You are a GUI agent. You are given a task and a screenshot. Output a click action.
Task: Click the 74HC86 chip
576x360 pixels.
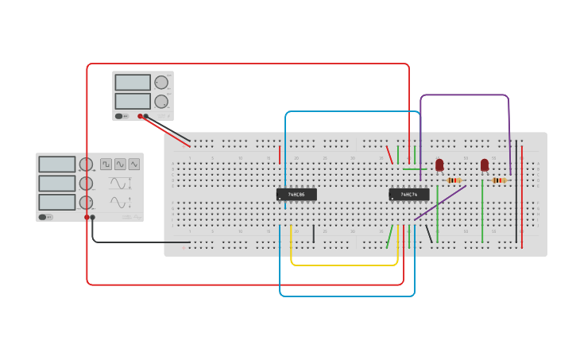coord(296,194)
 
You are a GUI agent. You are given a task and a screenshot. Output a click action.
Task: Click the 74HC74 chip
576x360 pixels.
coord(409,194)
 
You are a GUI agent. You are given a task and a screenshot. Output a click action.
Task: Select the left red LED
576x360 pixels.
coord(439,165)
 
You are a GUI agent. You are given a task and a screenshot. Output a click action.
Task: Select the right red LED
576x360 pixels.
coord(485,165)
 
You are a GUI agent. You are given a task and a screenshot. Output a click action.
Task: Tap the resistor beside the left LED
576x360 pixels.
coord(454,180)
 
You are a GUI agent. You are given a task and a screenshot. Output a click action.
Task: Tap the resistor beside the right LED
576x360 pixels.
coord(499,180)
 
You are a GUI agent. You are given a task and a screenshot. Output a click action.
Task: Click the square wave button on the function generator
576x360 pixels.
coord(106,165)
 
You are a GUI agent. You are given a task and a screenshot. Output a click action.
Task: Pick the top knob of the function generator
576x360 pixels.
coord(86,165)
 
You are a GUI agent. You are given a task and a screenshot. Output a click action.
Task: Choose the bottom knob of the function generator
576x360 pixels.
coord(86,202)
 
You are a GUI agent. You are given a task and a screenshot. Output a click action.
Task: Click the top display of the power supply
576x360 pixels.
coord(133,83)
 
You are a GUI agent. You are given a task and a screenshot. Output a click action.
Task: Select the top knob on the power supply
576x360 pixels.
coord(161,83)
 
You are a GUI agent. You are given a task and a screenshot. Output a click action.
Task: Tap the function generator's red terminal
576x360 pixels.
coord(87,217)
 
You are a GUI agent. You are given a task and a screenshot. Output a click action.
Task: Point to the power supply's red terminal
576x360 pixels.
coord(141,116)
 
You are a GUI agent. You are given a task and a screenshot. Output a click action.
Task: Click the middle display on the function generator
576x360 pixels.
coord(57,184)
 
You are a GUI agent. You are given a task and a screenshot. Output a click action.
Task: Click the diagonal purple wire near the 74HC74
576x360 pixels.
coord(439,203)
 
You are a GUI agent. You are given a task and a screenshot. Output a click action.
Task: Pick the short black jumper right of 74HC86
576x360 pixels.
coord(314,234)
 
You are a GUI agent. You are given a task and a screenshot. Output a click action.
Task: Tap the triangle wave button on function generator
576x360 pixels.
coord(134,165)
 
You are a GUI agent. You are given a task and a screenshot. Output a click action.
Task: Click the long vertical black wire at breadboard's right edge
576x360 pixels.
coord(516,191)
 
